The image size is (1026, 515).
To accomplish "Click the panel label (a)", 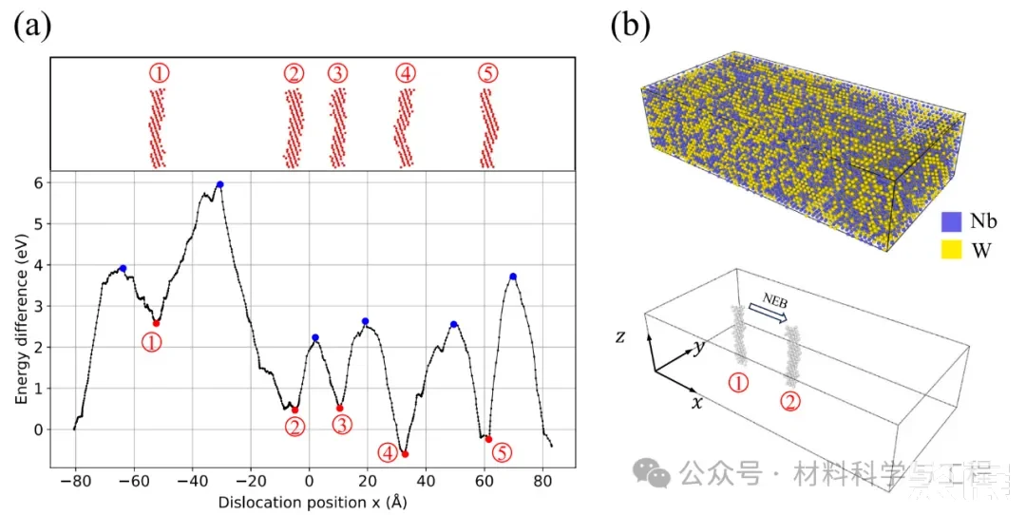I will [31, 25].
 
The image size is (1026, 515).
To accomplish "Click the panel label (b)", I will [630, 25].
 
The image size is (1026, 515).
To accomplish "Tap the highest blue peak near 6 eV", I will [219, 184].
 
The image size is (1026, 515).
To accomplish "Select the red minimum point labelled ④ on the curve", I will [405, 454].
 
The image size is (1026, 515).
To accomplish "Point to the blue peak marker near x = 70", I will [513, 277].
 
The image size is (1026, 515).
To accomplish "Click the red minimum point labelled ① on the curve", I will [156, 323].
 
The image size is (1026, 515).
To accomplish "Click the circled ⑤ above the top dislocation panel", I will [486, 74].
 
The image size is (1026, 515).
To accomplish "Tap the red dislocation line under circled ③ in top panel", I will [338, 128].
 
